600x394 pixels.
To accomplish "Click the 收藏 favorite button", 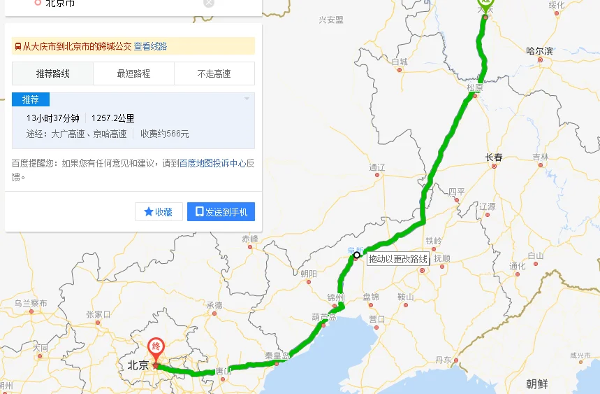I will [159, 212].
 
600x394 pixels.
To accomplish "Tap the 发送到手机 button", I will [221, 212].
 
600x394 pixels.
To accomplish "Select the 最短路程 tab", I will [133, 73].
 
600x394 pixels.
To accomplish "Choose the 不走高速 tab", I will [214, 73].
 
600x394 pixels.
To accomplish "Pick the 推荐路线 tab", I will [52, 73].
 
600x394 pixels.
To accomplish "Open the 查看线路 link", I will [150, 46].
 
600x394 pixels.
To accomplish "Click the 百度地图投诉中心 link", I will [212, 164].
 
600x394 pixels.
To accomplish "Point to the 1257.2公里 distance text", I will [113, 118].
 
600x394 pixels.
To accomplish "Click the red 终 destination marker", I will [156, 348].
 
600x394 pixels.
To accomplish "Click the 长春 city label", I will [494, 157].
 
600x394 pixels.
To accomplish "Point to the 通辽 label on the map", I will [377, 167].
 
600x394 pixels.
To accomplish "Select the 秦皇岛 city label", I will [277, 356].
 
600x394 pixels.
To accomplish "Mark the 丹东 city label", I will [443, 360].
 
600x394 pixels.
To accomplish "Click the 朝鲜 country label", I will [538, 383].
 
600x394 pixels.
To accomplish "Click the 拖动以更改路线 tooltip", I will [398, 259].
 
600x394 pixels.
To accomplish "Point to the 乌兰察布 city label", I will [31, 303].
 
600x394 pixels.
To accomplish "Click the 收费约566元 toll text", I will [165, 134].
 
